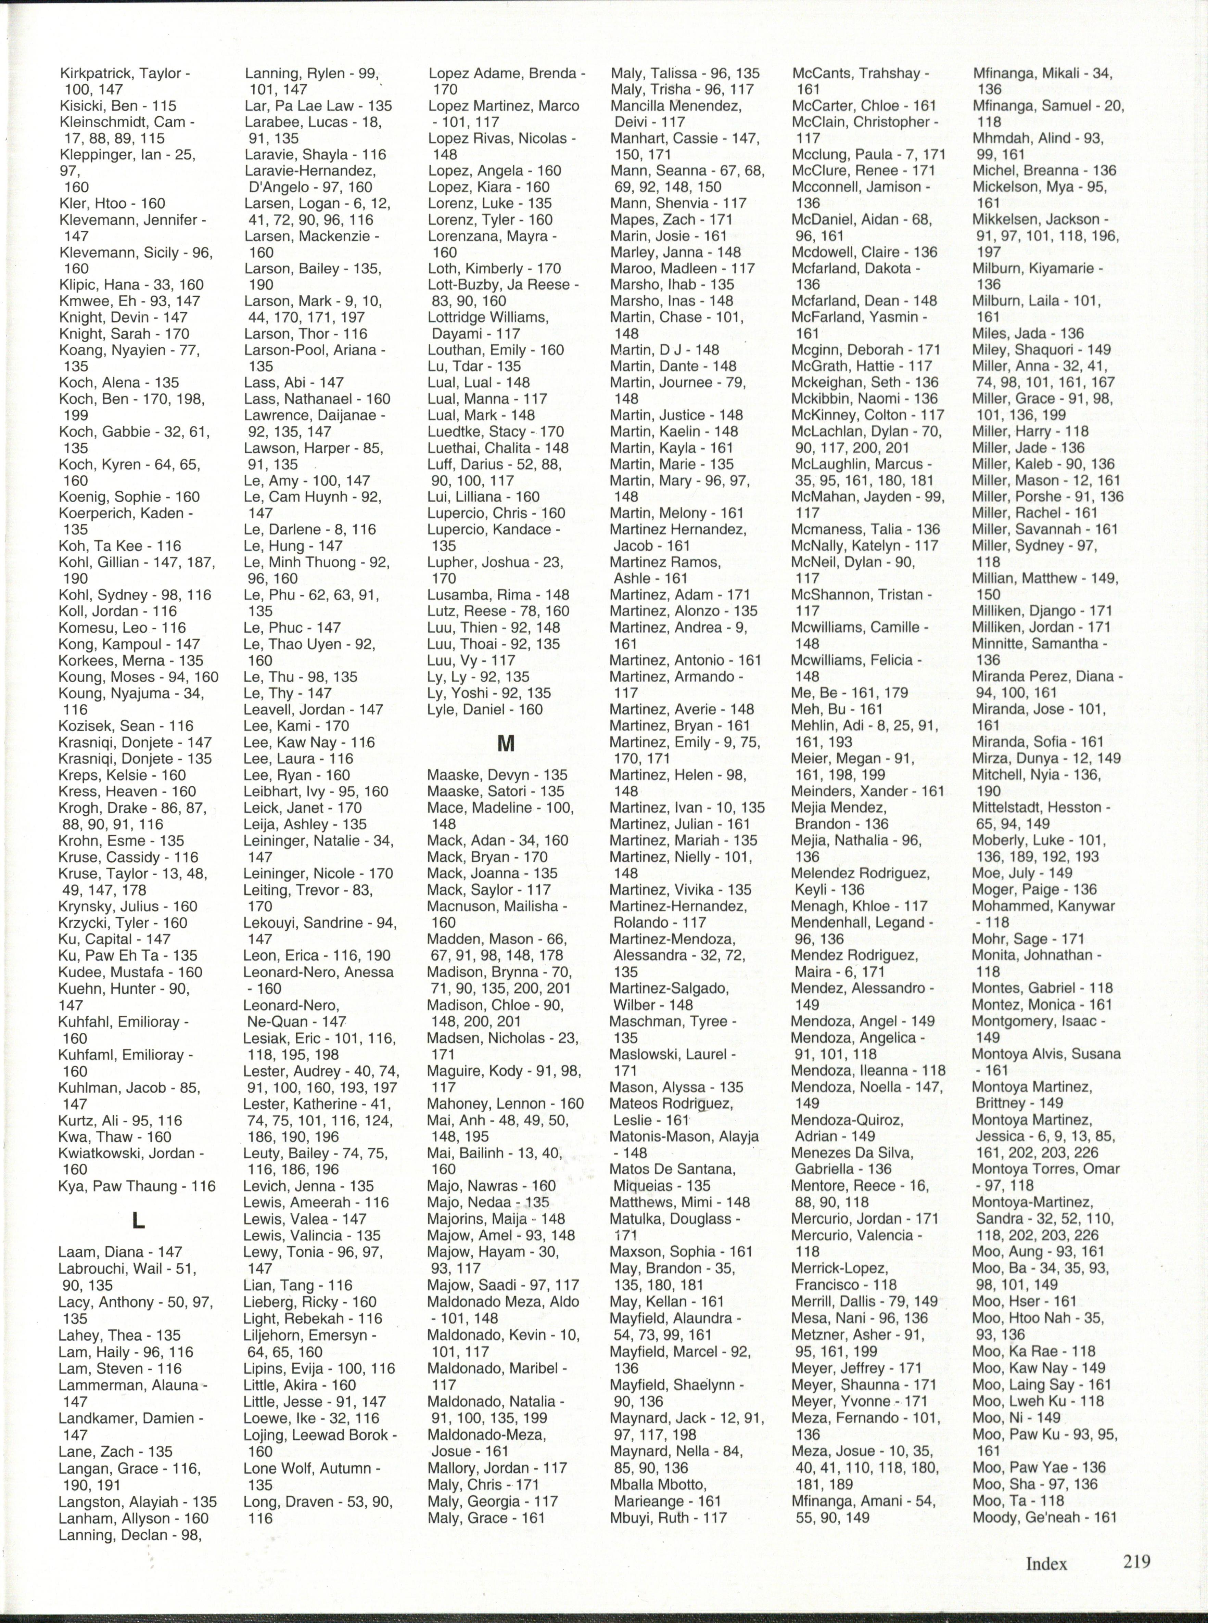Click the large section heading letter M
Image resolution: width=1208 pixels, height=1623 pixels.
(x=505, y=744)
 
